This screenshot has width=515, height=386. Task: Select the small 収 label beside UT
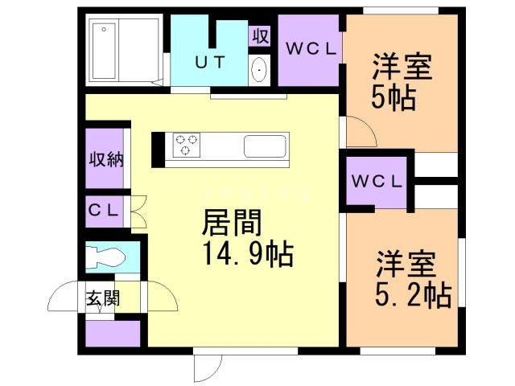[259, 37]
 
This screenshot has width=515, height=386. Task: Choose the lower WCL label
[377, 182]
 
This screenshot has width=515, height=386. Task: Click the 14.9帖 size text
[245, 256]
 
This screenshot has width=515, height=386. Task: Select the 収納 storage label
[105, 158]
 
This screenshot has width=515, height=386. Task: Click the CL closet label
[104, 211]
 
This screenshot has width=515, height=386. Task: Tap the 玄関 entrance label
[104, 299]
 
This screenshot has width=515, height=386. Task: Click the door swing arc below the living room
[206, 367]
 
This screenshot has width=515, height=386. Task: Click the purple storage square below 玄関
[111, 332]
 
